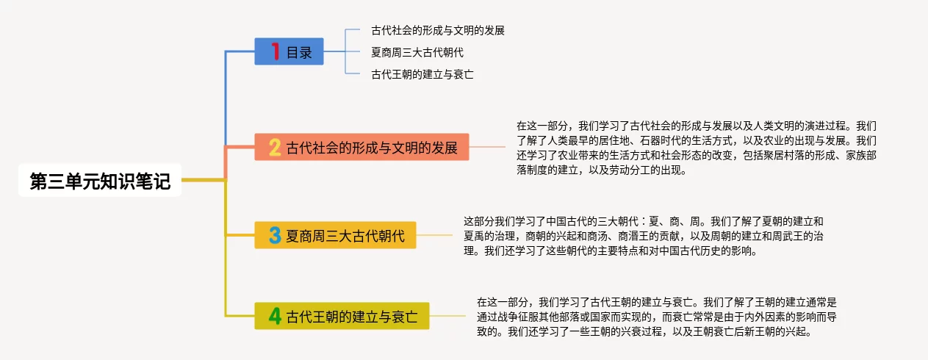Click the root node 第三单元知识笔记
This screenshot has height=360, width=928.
point(100,181)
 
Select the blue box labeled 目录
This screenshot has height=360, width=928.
point(289,52)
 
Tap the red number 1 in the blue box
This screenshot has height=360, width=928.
point(276,52)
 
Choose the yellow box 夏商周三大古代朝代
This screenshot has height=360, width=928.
point(334,236)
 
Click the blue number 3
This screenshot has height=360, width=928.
point(275,236)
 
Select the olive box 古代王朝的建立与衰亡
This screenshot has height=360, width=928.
point(342,317)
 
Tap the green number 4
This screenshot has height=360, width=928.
point(275,317)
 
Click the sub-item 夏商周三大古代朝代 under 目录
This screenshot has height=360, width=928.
point(417,52)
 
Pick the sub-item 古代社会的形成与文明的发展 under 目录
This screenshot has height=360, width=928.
point(438,31)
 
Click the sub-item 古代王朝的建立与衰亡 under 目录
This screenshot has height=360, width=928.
point(422,74)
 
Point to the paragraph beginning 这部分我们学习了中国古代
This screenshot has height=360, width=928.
point(643,235)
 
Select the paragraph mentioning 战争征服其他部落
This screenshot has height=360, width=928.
point(657,317)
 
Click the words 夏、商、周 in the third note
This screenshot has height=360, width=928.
point(680,220)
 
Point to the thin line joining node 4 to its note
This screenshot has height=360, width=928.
point(447,317)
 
